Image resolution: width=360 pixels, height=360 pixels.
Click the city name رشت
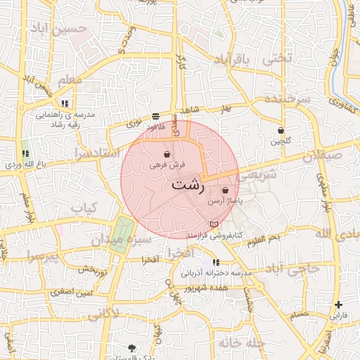[188, 186]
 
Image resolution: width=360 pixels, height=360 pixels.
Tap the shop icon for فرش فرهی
[167, 154]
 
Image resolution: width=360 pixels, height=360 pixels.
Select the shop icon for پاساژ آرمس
[225, 190]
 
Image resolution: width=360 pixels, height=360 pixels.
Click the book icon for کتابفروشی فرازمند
[214, 224]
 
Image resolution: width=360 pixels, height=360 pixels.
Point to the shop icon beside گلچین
[281, 130]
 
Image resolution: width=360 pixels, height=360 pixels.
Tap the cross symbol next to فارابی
[340, 304]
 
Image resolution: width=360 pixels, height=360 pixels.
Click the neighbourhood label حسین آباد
[59, 30]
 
